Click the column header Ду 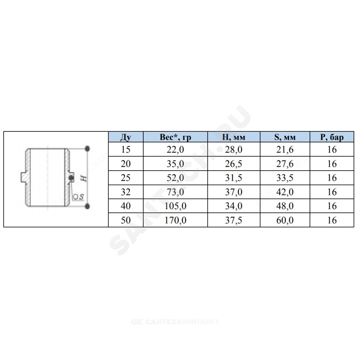click(x=126, y=137)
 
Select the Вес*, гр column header click(x=175, y=137)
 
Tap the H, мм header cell click(x=234, y=137)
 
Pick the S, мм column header click(x=285, y=137)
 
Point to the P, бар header click(x=332, y=137)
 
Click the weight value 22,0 click(x=175, y=149)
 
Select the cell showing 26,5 click(x=234, y=164)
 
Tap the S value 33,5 click(x=285, y=178)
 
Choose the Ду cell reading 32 click(x=126, y=192)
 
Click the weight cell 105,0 click(x=175, y=206)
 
